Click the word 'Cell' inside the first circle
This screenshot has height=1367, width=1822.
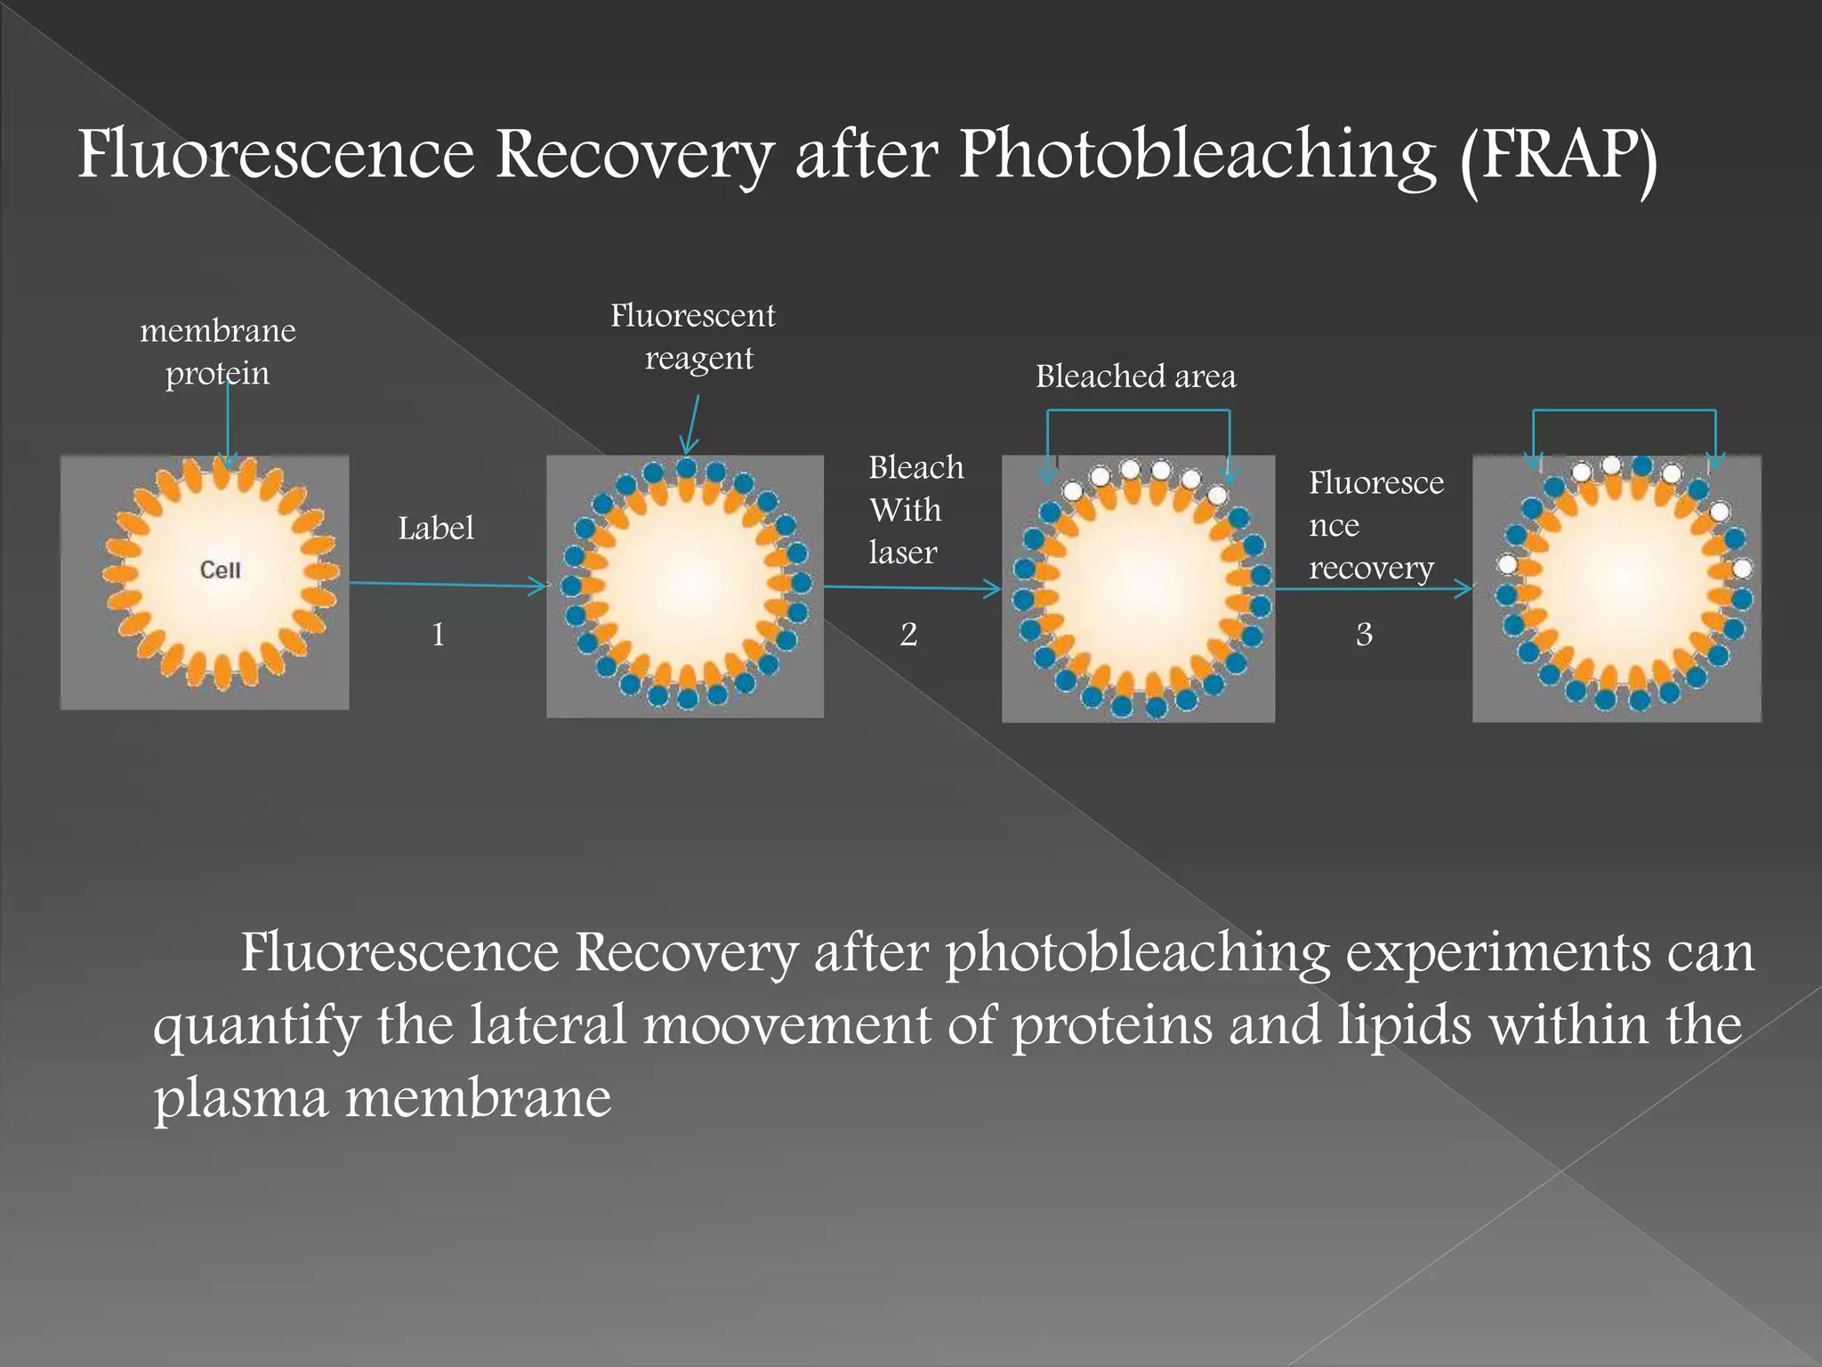pyautogui.click(x=220, y=570)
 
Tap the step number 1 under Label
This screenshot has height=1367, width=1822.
pyautogui.click(x=438, y=635)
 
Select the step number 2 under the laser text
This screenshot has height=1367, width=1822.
pyautogui.click(x=908, y=635)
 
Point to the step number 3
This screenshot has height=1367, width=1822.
pyautogui.click(x=1364, y=635)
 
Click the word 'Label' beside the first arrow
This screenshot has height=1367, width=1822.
pyautogui.click(x=435, y=529)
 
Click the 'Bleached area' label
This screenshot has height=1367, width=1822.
pyautogui.click(x=1135, y=376)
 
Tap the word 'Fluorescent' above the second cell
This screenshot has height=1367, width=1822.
pyautogui.click(x=692, y=316)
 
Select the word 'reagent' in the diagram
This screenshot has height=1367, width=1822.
pyautogui.click(x=698, y=359)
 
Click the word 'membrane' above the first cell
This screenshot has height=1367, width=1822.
pyautogui.click(x=218, y=331)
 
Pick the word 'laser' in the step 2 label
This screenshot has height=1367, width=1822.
pyautogui.click(x=903, y=553)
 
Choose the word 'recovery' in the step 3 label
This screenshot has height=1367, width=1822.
pyautogui.click(x=1371, y=568)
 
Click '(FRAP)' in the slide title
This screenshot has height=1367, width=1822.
pyautogui.click(x=1558, y=157)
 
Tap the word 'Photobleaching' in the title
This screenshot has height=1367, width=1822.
pyautogui.click(x=1197, y=157)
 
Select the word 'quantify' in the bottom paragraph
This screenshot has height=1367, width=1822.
pyautogui.click(x=256, y=1026)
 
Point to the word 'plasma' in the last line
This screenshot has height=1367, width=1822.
pyautogui.click(x=240, y=1098)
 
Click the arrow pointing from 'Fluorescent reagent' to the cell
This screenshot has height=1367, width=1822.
pyautogui.click(x=691, y=425)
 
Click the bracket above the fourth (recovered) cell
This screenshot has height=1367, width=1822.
pyautogui.click(x=1624, y=411)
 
